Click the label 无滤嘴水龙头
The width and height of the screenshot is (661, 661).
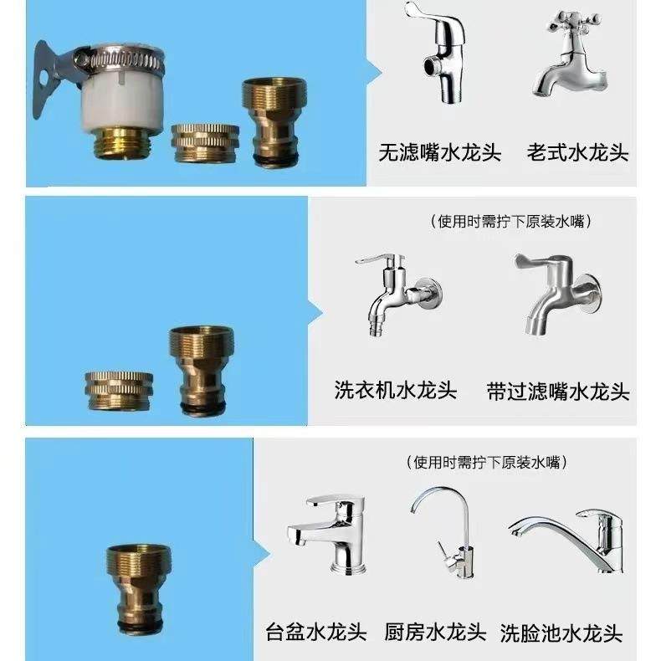(x=439, y=153)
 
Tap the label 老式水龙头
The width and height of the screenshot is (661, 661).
(x=577, y=153)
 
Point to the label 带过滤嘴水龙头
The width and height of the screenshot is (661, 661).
(x=558, y=391)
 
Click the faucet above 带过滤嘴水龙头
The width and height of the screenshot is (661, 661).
(x=559, y=293)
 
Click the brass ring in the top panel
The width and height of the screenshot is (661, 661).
(x=204, y=142)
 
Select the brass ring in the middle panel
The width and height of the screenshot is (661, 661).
(x=119, y=391)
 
